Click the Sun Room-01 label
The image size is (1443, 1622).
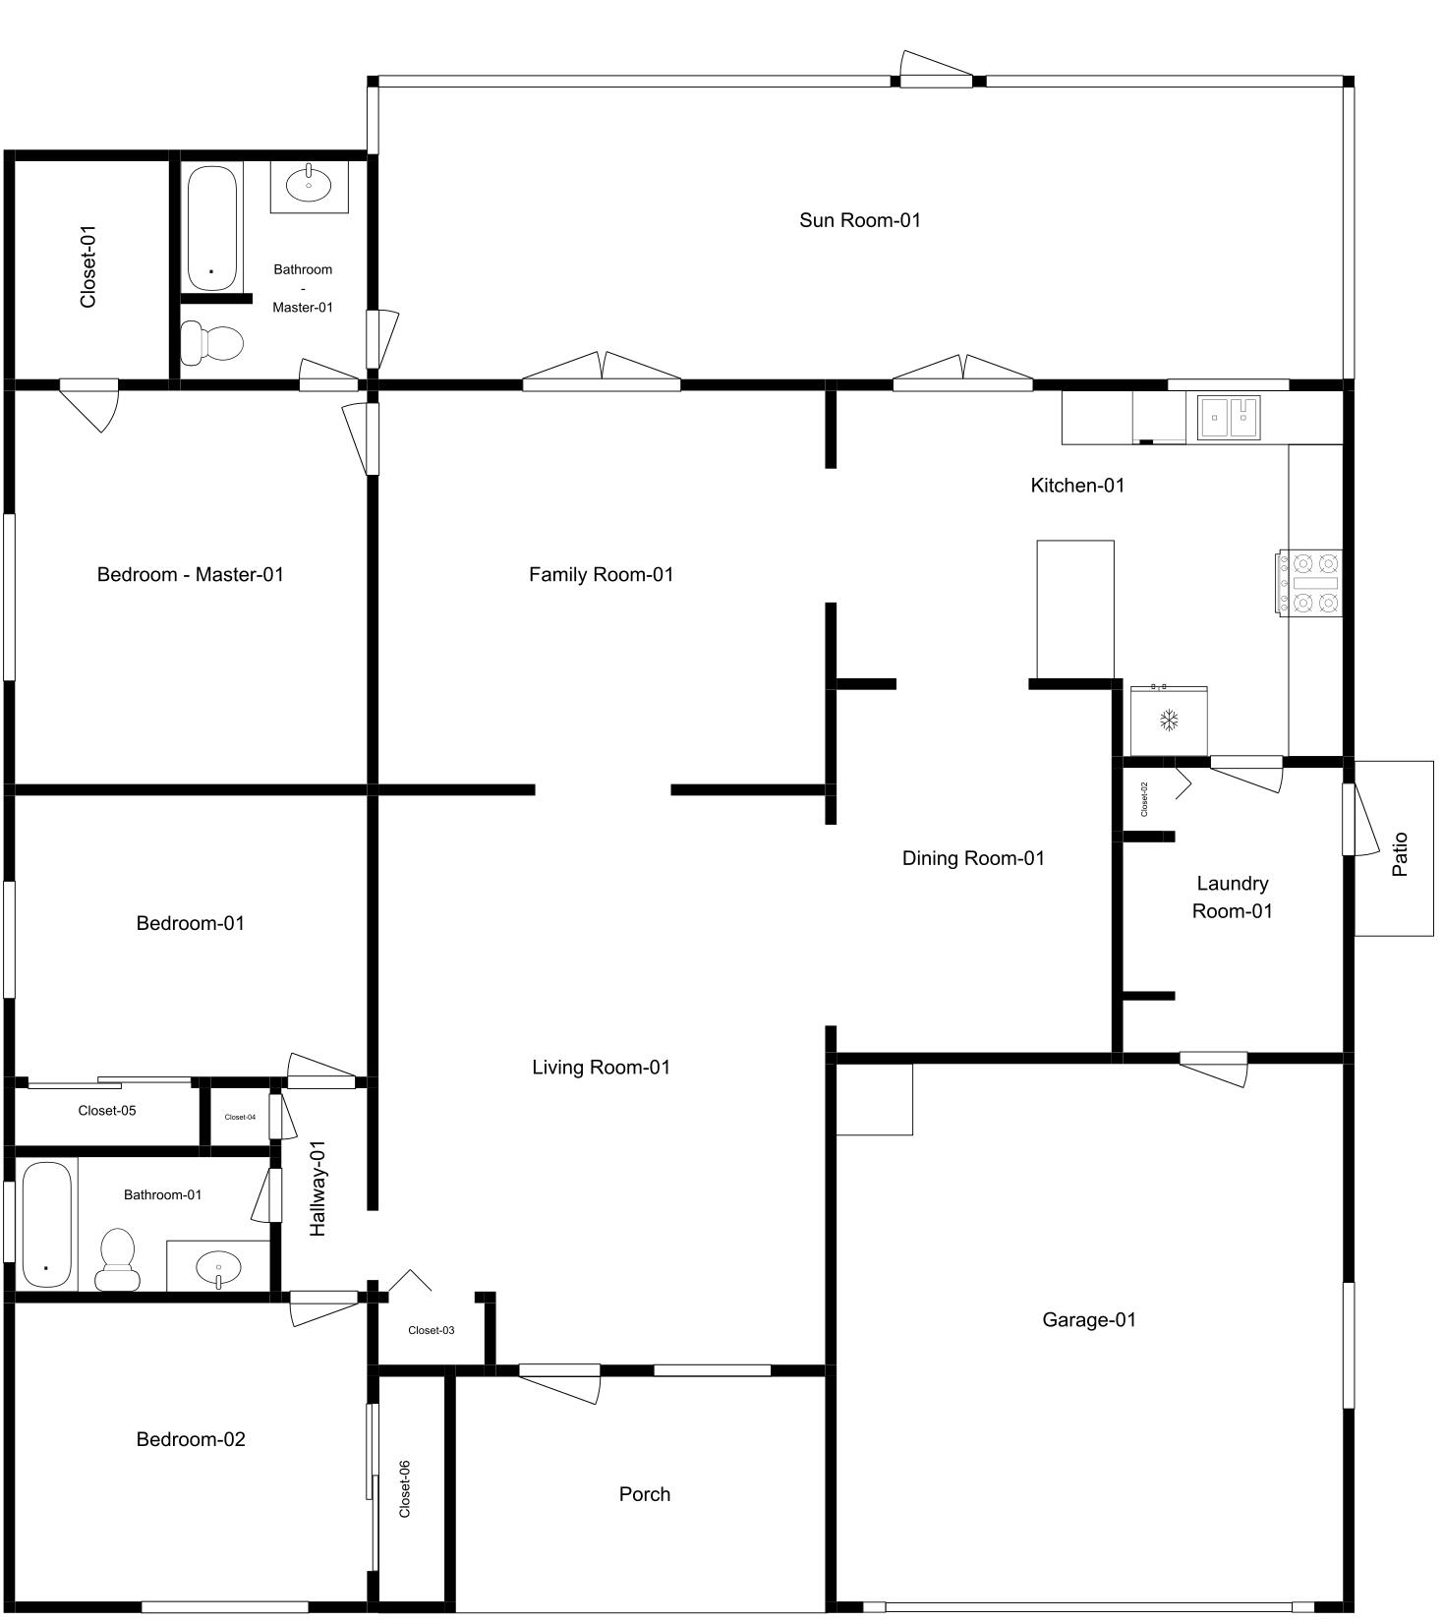point(860,220)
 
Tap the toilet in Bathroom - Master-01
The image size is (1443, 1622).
point(212,343)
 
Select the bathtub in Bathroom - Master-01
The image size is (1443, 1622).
point(212,228)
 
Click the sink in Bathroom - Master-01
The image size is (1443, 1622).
point(310,184)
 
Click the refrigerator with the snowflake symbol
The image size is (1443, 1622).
point(1169,721)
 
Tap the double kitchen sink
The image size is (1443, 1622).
point(1229,417)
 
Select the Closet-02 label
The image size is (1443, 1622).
point(1144,799)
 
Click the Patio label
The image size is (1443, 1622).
point(1400,853)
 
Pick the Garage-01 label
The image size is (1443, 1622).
point(1089,1319)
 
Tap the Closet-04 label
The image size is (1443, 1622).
point(240,1117)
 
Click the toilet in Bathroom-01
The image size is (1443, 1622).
point(118,1260)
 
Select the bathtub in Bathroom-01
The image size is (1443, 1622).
point(47,1224)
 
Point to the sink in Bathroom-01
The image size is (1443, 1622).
point(217,1268)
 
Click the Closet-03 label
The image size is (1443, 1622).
point(431,1330)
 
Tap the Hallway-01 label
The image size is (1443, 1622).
point(317,1188)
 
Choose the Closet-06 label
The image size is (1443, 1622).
point(404,1488)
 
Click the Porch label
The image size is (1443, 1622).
point(645,1494)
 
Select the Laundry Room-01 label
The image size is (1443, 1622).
point(1232,897)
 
